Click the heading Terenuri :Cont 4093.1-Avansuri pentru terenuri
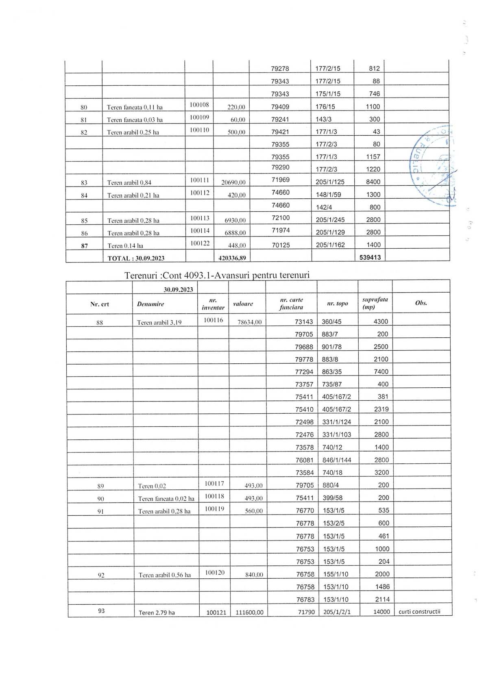[217, 275]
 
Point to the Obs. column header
[421, 303]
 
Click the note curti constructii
[419, 611]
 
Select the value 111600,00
[249, 612]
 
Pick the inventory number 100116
[214, 320]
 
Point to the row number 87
[84, 245]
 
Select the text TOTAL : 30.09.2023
[136, 258]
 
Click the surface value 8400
[373, 182]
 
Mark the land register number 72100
[281, 218]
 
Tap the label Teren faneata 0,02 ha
[166, 499]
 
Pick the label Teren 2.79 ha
[157, 612]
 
